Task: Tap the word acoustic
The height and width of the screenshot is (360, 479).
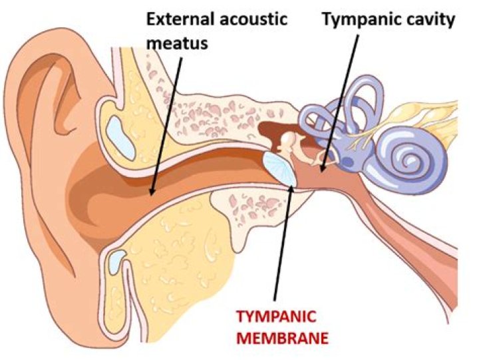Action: (x=253, y=19)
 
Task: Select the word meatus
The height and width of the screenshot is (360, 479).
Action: (x=177, y=43)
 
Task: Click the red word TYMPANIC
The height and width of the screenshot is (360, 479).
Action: (x=277, y=317)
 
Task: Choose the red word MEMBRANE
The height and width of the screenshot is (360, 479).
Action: (x=283, y=338)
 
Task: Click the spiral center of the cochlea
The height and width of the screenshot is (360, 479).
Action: (x=410, y=160)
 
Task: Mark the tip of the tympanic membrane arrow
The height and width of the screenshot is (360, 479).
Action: (x=291, y=185)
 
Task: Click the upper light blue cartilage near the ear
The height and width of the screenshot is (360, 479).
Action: (x=120, y=138)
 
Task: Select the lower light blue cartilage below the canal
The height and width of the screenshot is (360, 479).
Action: (x=117, y=262)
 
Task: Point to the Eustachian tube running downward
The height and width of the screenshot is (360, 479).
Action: (x=406, y=236)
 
